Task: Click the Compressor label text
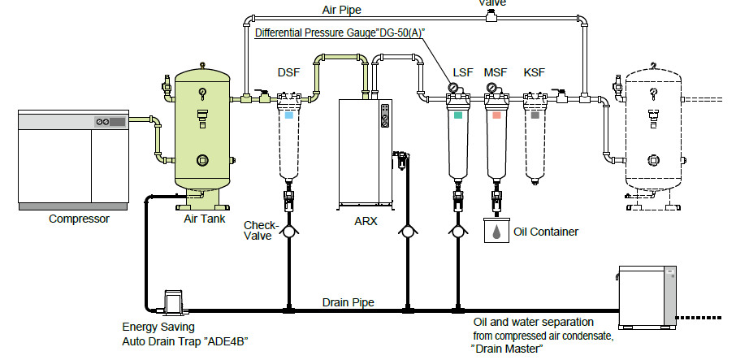[x=79, y=219]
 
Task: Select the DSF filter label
[x=288, y=73]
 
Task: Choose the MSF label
[x=497, y=73]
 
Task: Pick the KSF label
[x=535, y=73]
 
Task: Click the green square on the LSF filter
[x=459, y=116]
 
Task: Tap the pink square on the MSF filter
[x=496, y=116]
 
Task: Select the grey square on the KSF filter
[x=535, y=116]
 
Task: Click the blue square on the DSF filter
[x=288, y=116]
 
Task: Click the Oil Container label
[x=546, y=232]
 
